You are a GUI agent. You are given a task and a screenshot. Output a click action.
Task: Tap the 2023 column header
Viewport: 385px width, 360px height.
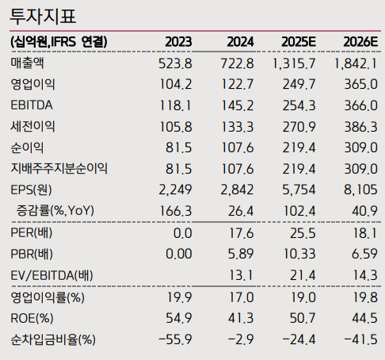click(178, 41)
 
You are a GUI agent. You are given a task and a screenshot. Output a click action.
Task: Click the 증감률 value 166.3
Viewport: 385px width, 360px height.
click(176, 211)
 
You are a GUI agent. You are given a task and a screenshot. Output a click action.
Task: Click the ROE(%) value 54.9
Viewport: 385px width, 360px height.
click(178, 318)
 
